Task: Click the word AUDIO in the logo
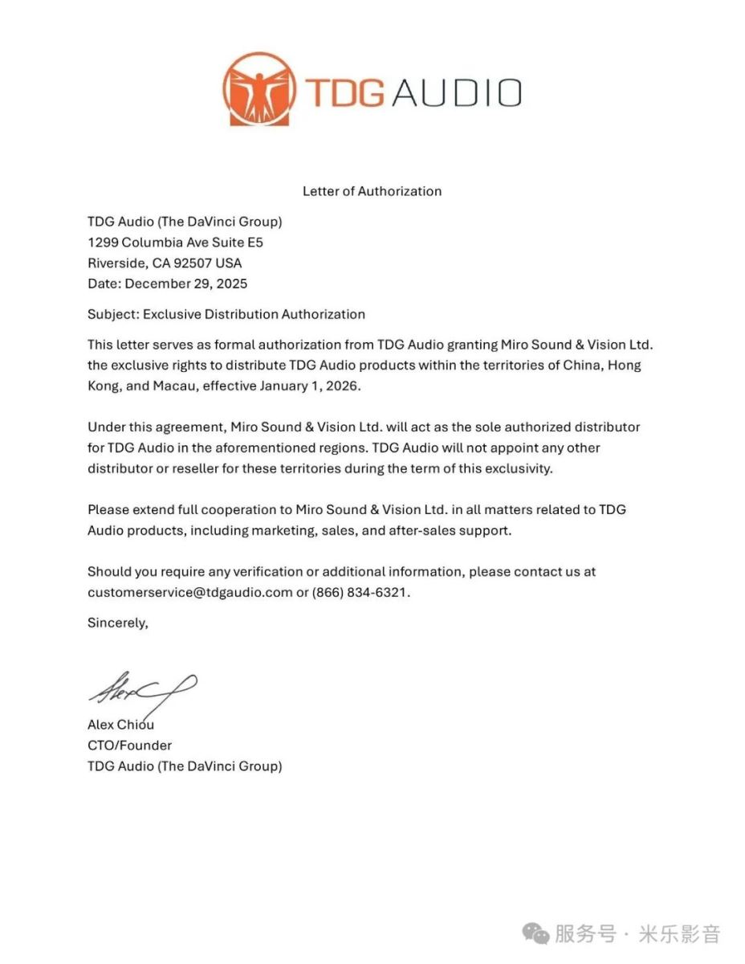click(x=457, y=93)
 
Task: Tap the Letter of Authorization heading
click(x=372, y=191)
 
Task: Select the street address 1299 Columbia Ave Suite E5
click(x=175, y=242)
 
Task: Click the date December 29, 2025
click(x=186, y=284)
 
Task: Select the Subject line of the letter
click(x=226, y=314)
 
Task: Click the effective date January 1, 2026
click(x=311, y=386)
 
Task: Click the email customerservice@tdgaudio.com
click(x=189, y=593)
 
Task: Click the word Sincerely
click(x=117, y=622)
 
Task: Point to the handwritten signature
click(x=142, y=688)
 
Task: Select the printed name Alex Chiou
click(x=120, y=725)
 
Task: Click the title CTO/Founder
click(x=129, y=745)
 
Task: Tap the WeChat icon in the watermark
click(x=535, y=933)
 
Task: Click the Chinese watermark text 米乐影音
click(x=679, y=934)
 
